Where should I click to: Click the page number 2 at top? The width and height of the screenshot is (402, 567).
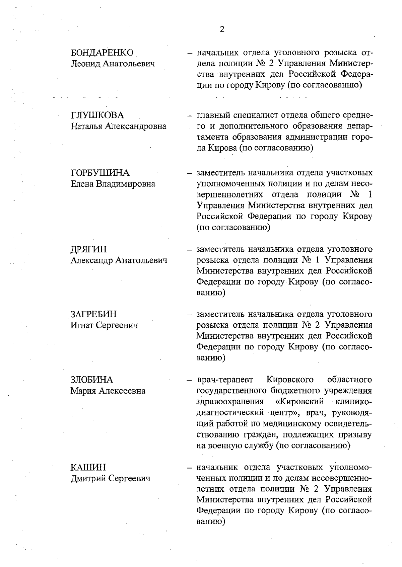coord(222,29)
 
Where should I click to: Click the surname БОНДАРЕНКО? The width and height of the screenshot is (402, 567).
coord(102,53)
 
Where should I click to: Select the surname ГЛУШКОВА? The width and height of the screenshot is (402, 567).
coord(97,115)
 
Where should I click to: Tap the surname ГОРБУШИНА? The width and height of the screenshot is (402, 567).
coord(100,173)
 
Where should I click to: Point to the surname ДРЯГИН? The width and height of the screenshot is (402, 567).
coord(89,249)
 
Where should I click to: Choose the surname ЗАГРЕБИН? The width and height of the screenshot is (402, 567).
coord(93,314)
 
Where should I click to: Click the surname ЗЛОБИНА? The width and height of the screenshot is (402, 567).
coord(92,380)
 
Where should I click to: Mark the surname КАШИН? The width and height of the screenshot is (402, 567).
coord(88,467)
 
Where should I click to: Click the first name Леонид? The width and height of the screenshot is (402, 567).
coord(85,64)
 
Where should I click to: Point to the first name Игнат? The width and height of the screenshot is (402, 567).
coord(82,325)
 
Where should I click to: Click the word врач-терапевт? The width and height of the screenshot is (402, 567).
coord(225,380)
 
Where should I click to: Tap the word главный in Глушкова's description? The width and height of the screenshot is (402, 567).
coord(213,115)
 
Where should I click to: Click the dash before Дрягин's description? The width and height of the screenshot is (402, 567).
coord(190,250)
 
